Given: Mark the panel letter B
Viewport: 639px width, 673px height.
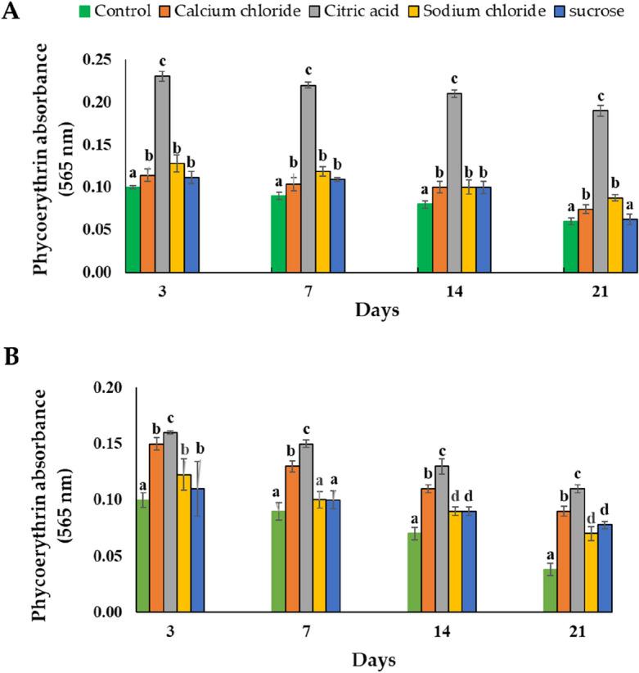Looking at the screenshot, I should [12, 358].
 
